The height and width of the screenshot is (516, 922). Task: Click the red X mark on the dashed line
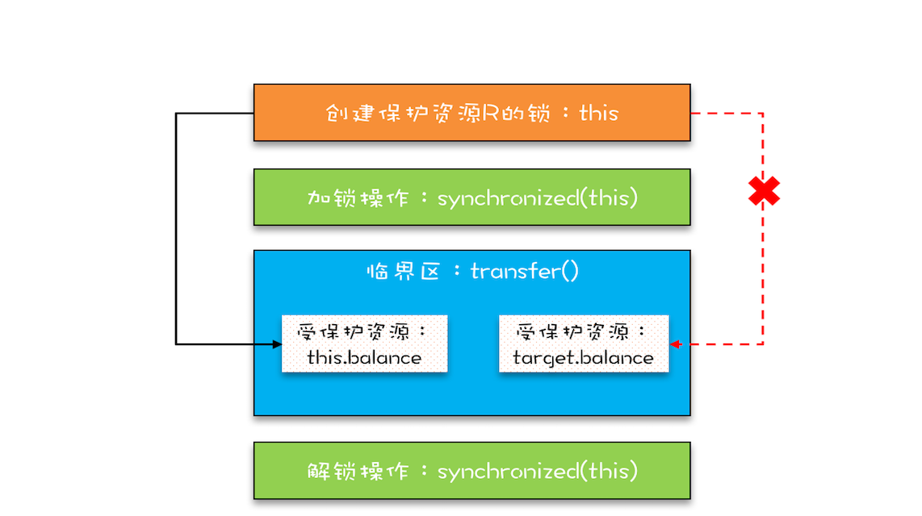pos(763,191)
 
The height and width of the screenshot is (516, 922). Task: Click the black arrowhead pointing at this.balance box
pos(277,344)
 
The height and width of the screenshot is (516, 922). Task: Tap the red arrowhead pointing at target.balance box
pos(675,344)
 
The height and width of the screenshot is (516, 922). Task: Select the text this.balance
pos(364,357)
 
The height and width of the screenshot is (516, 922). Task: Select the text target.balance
pos(583,357)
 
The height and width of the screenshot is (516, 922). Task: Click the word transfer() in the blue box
pos(525,271)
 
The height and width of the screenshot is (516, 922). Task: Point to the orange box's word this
pos(598,113)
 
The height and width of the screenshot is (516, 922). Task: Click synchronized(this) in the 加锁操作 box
pos(537,198)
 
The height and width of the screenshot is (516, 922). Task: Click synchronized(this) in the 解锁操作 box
pos(537,471)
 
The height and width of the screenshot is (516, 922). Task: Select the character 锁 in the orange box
pos(539,113)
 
